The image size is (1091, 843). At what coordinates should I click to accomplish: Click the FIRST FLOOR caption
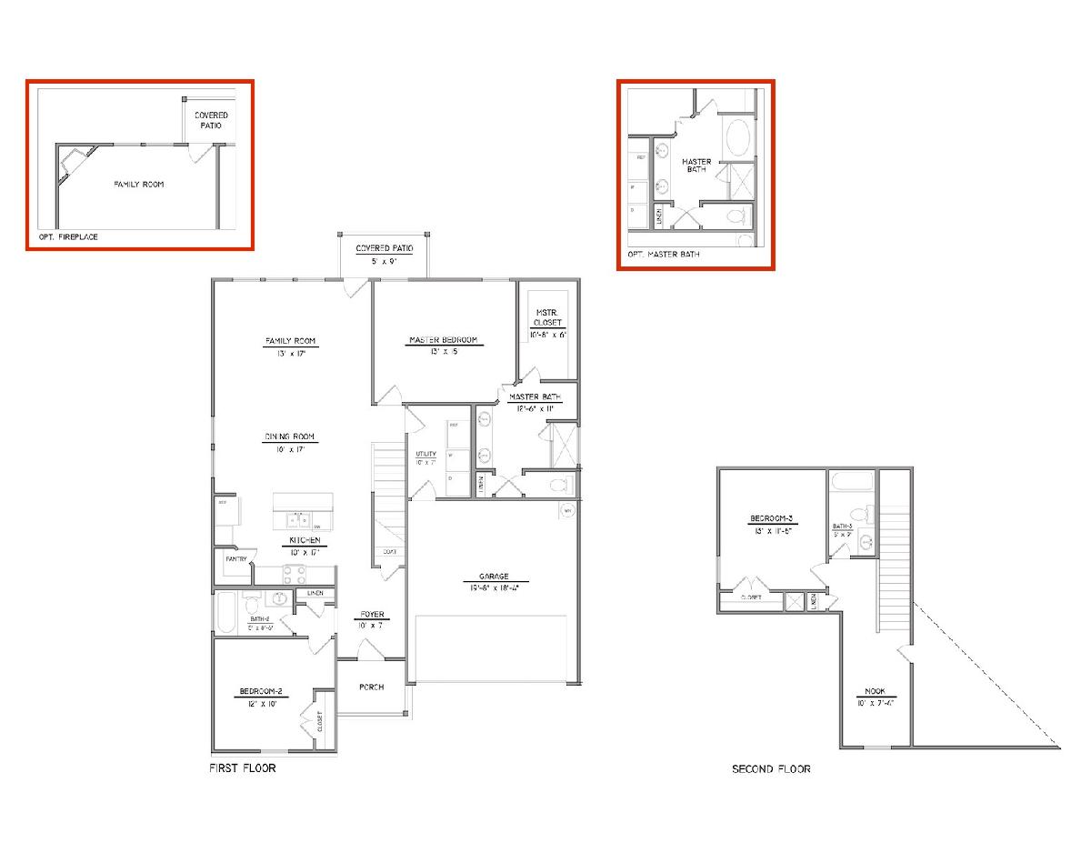pyautogui.click(x=243, y=768)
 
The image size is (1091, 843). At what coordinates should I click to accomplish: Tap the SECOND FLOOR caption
pyautogui.click(x=771, y=769)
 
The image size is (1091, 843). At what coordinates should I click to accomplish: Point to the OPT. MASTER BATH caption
pyautogui.click(x=664, y=255)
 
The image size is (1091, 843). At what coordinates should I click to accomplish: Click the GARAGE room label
pyautogui.click(x=494, y=577)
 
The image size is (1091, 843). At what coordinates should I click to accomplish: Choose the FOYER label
pyautogui.click(x=371, y=614)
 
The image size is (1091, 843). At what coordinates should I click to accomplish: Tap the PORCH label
pyautogui.click(x=371, y=687)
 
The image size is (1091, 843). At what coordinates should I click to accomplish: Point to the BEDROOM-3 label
pyautogui.click(x=771, y=519)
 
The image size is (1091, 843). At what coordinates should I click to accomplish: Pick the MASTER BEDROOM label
pyautogui.click(x=443, y=341)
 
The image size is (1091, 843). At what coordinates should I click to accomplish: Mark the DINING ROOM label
pyautogui.click(x=291, y=437)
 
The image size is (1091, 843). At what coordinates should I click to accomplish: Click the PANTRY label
pyautogui.click(x=235, y=559)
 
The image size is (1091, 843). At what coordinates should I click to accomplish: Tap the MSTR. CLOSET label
pyautogui.click(x=547, y=317)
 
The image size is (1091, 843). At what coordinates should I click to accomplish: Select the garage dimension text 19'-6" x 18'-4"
pyautogui.click(x=495, y=588)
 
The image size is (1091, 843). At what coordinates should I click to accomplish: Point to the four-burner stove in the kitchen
pyautogui.click(x=295, y=574)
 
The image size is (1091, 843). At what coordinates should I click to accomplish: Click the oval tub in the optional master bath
pyautogui.click(x=737, y=140)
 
